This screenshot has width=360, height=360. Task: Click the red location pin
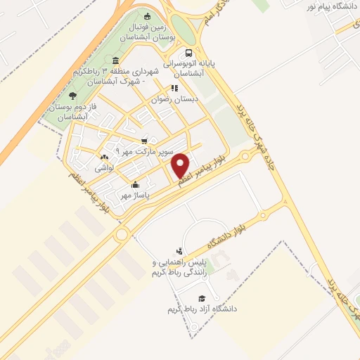coord(181,165)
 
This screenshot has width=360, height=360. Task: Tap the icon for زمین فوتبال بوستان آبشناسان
coord(147,17)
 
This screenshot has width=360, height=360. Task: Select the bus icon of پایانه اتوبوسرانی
coord(188,53)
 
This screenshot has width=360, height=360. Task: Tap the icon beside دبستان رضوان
coord(174,89)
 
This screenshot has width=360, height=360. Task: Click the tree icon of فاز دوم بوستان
coord(72,96)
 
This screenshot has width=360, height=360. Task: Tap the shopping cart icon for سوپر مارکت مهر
coord(145,141)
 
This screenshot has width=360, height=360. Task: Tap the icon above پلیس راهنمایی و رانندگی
coord(179,250)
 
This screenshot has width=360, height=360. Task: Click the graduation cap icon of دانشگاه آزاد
coord(202,298)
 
